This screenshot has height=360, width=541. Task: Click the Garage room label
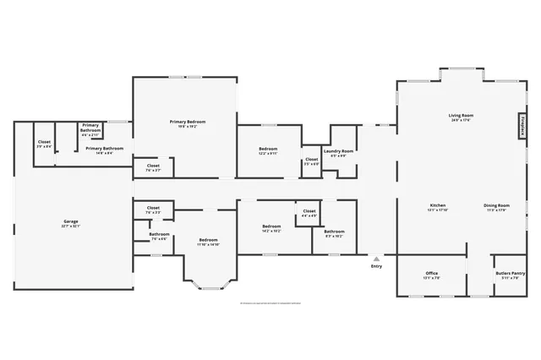pyautogui.click(x=70, y=224)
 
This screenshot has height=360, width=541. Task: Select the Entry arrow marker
pyautogui.click(x=376, y=257)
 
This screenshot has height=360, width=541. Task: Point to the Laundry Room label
pyautogui.click(x=342, y=154)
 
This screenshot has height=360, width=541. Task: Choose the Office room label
pyautogui.click(x=431, y=275)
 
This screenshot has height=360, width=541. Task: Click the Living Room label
pyautogui.click(x=461, y=117)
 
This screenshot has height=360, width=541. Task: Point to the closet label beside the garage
pyautogui.click(x=44, y=145)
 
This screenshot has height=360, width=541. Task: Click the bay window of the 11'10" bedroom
pyautogui.click(x=208, y=286)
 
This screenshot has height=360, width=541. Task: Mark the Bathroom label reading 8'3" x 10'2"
pyautogui.click(x=334, y=233)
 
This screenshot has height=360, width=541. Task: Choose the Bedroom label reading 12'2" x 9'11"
pyautogui.click(x=268, y=152)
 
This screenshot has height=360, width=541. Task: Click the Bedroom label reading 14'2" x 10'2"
pyautogui.click(x=271, y=228)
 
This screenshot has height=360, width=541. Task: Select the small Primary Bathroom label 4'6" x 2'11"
pyautogui.click(x=90, y=130)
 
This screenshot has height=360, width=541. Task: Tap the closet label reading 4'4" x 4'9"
pyautogui.click(x=309, y=213)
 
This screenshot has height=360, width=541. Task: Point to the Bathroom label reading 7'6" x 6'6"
pyautogui.click(x=159, y=237)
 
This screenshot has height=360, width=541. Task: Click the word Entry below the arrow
pyautogui.click(x=376, y=267)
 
